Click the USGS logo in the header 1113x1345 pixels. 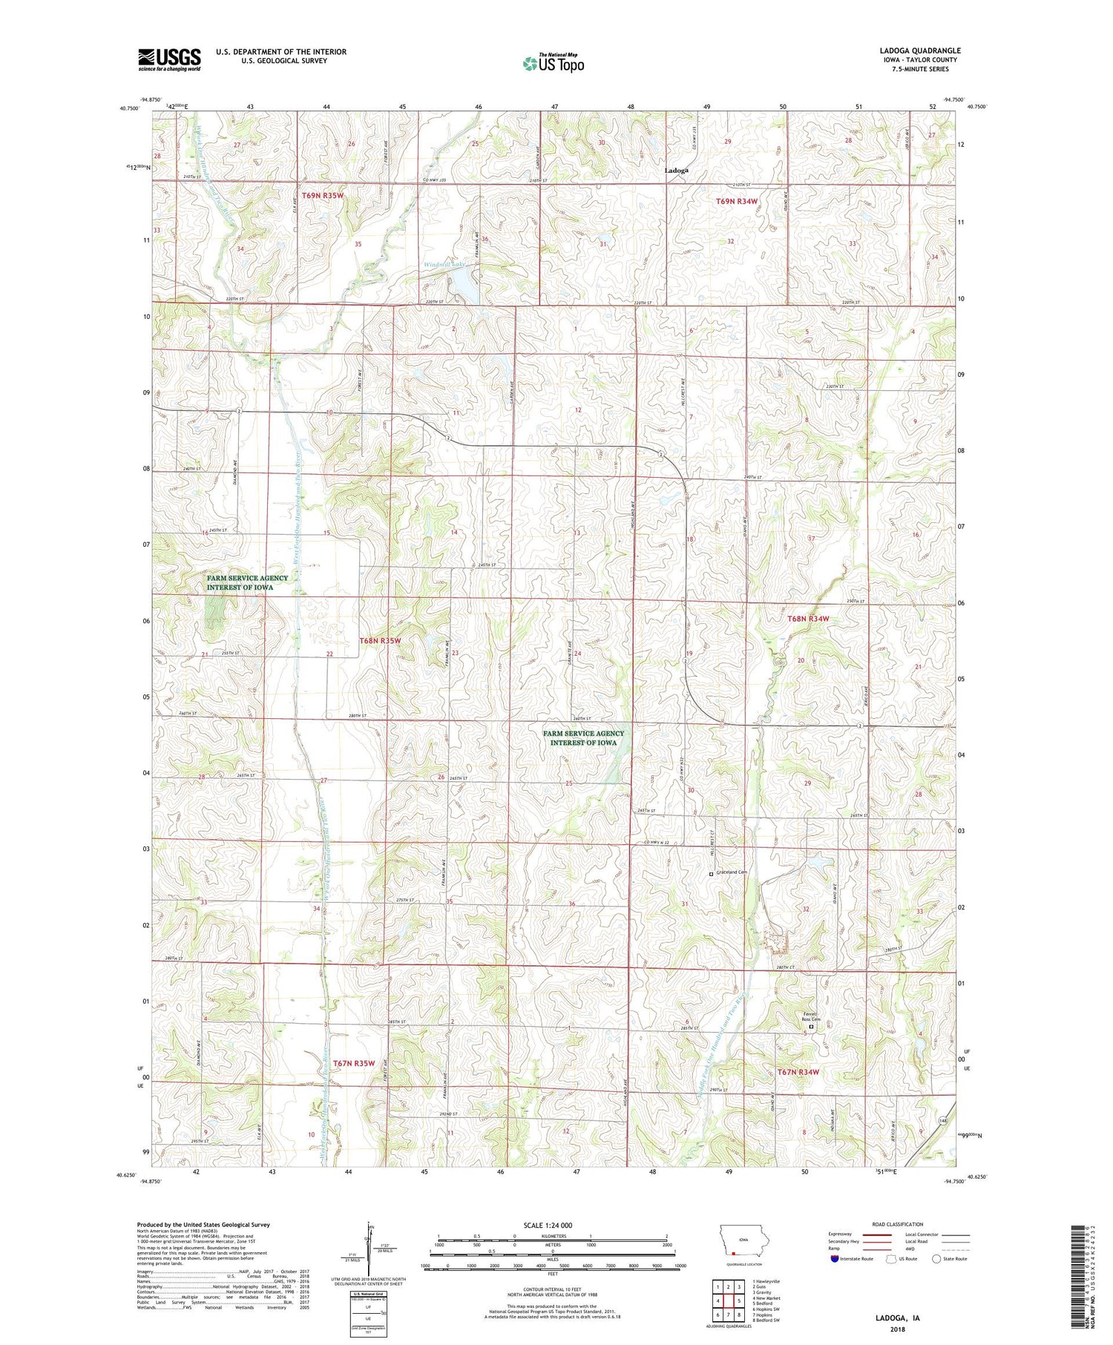click(169, 59)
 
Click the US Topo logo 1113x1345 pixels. click(553, 64)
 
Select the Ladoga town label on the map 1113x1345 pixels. click(676, 171)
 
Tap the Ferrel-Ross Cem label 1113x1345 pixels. click(810, 1018)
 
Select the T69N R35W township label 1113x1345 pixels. click(323, 195)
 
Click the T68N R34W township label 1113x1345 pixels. click(808, 618)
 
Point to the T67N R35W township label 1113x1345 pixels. click(354, 1063)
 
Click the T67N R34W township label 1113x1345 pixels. click(798, 1072)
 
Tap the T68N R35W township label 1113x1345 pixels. click(380, 640)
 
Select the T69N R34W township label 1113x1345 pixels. click(737, 201)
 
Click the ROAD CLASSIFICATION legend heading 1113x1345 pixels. click(898, 1224)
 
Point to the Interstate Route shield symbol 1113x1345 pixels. click(835, 1258)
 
